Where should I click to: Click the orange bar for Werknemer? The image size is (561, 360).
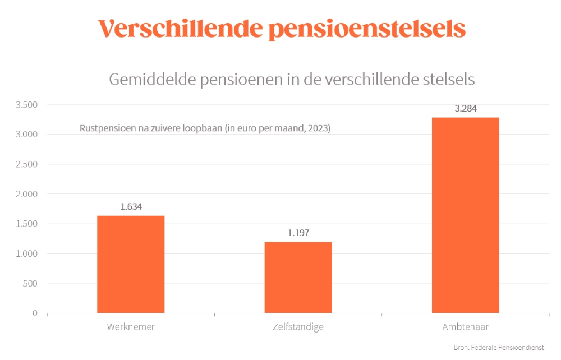coord(131,264)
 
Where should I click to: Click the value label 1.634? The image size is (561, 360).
coord(131,206)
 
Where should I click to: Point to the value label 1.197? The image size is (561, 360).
coord(298,233)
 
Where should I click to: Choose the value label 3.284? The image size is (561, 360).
coord(465,109)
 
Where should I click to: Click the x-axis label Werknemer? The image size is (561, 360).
coord(131,327)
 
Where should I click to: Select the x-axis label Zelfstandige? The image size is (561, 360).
coord(298,327)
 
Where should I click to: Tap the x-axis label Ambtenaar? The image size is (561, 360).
coord(465,327)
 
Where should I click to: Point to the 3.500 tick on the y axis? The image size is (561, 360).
coord(26,105)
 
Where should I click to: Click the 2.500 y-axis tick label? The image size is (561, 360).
coord(26,164)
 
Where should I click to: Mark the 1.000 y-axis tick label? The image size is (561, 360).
coord(26,253)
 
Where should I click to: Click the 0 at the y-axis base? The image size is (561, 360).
coord(34,313)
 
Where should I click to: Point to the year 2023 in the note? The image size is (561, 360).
coord(318,128)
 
